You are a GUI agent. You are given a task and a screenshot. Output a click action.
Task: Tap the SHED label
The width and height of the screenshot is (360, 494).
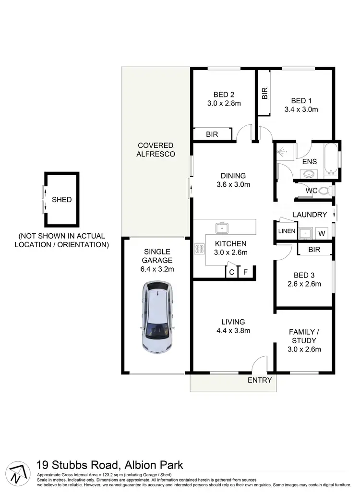[62, 199]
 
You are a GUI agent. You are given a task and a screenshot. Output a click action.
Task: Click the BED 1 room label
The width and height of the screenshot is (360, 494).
[301, 100]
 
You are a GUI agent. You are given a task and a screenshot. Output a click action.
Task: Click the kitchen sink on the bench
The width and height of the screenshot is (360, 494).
[222, 226]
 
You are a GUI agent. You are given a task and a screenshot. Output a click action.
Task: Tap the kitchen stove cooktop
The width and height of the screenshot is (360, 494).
[199, 249]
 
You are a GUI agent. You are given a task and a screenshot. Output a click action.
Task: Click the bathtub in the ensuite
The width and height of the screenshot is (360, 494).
[331, 158]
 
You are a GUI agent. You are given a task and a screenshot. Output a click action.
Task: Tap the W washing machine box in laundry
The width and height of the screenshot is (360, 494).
[322, 233]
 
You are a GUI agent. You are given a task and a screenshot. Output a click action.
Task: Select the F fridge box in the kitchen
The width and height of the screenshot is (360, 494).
[245, 272]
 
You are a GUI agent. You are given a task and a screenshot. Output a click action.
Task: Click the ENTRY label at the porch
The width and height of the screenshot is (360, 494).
[260, 380]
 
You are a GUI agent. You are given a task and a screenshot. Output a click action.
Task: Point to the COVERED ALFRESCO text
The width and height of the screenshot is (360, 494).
[156, 149]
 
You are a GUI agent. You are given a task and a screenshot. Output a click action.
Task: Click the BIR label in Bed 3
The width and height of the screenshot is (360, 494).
[314, 250]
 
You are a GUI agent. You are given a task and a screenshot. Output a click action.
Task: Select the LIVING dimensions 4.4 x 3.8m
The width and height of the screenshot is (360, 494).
[233, 330]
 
